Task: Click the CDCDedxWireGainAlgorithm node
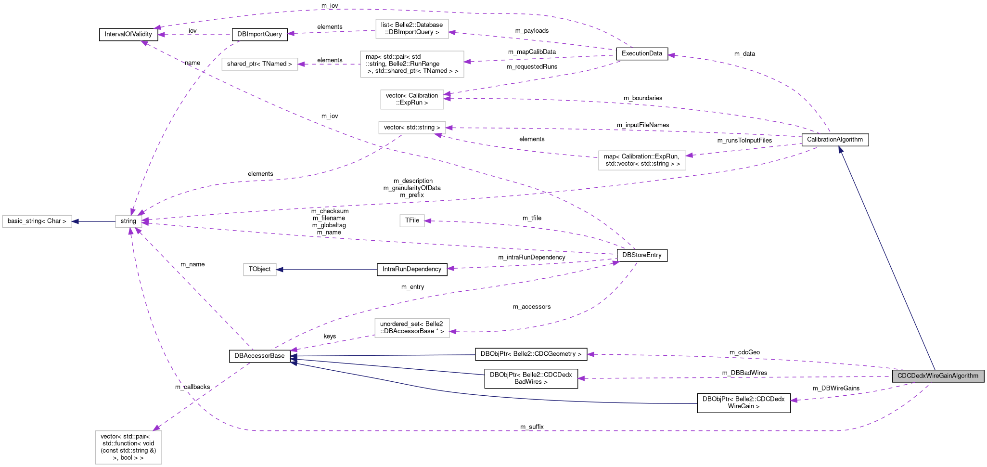937,376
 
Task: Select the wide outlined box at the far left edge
37,221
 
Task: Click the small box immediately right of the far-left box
128,221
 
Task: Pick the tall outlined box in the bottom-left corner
128,447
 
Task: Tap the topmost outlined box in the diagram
412,29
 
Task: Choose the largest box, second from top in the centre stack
412,64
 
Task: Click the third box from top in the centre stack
412,100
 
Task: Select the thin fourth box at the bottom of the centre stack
412,128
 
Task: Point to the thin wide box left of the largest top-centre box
260,64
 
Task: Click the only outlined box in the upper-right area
642,160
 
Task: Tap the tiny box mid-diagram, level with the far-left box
412,221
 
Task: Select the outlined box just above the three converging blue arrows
412,328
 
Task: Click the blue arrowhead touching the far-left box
76,221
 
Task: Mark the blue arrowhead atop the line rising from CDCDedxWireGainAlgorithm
840,150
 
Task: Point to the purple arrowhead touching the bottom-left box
156,428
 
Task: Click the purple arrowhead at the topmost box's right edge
452,33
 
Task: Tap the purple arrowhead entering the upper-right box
689,155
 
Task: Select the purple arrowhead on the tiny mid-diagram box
428,221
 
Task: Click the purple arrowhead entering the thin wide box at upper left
301,64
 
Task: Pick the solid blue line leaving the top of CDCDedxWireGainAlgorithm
890,265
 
